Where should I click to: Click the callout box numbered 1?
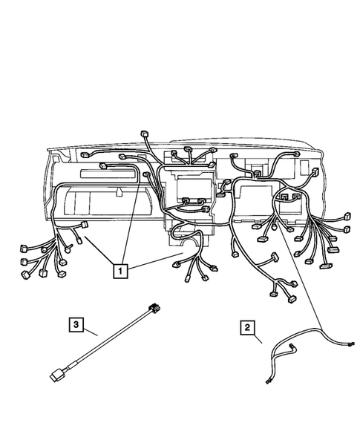120,271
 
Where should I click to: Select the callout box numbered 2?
246,326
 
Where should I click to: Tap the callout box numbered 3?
75,323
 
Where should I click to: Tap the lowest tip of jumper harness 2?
268,382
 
